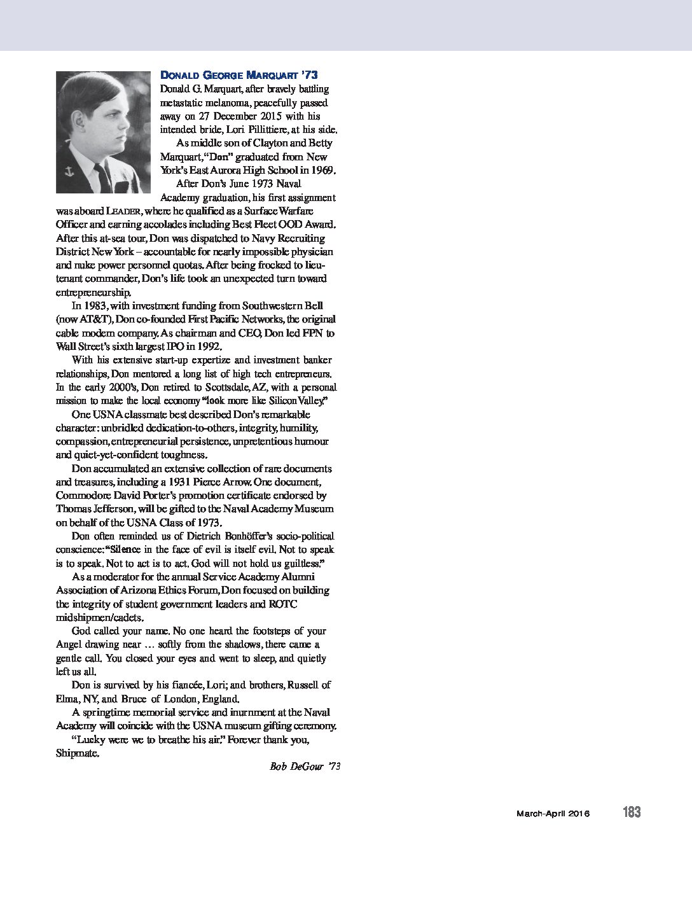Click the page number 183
[x=632, y=812]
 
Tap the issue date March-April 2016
[x=553, y=813]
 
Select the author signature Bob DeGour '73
[x=305, y=767]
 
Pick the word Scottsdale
[x=249, y=387]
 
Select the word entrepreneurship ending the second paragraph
[x=93, y=293]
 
